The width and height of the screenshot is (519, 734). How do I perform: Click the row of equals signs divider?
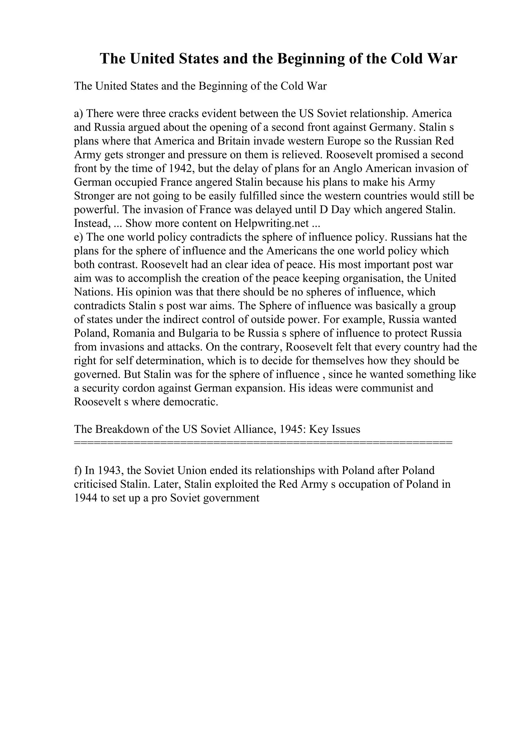click(x=263, y=443)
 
